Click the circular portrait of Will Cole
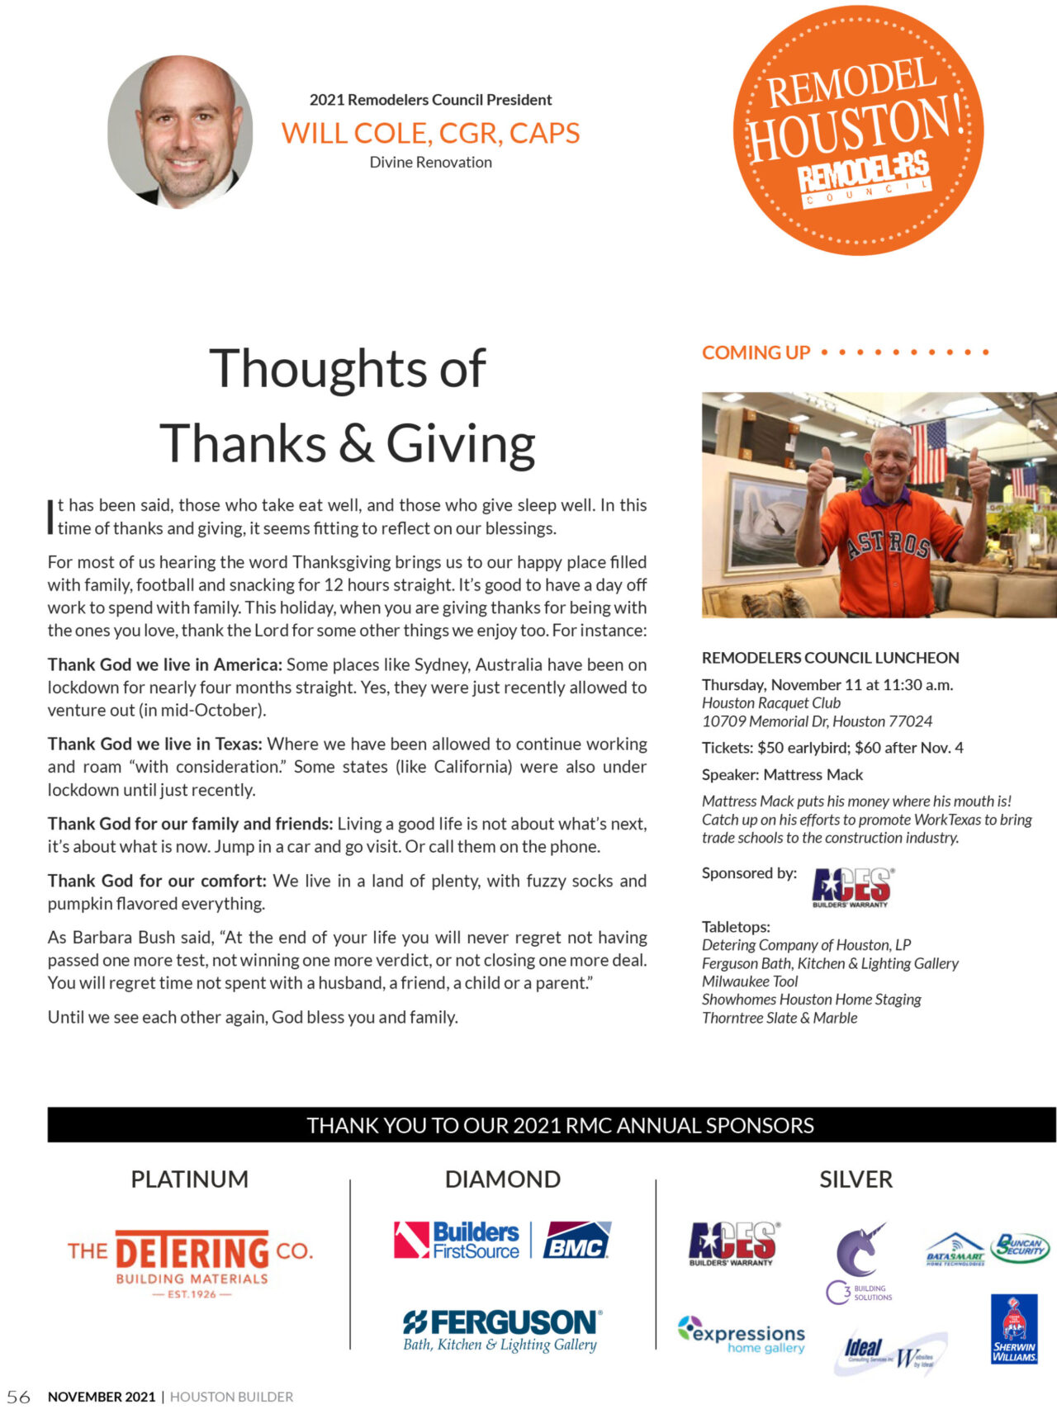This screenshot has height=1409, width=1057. (x=180, y=131)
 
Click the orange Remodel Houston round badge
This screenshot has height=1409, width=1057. (x=858, y=130)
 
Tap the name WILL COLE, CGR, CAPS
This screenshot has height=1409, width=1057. (x=430, y=133)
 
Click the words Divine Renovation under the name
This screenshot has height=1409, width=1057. (x=430, y=163)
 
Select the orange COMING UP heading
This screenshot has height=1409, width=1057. (x=756, y=353)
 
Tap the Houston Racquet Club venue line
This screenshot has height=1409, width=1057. (x=770, y=703)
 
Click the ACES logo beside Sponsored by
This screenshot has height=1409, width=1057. (x=852, y=887)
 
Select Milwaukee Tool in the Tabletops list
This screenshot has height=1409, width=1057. (x=750, y=981)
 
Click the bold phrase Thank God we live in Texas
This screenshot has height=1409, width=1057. (x=154, y=744)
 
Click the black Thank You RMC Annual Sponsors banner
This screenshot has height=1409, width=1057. (x=552, y=1125)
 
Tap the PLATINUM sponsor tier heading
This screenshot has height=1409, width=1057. (x=189, y=1180)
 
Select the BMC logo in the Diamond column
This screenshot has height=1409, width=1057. (x=576, y=1240)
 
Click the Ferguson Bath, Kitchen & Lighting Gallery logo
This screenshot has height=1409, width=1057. (x=502, y=1330)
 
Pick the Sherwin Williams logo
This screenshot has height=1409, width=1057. (x=1013, y=1330)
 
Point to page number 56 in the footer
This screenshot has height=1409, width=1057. (x=18, y=1397)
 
